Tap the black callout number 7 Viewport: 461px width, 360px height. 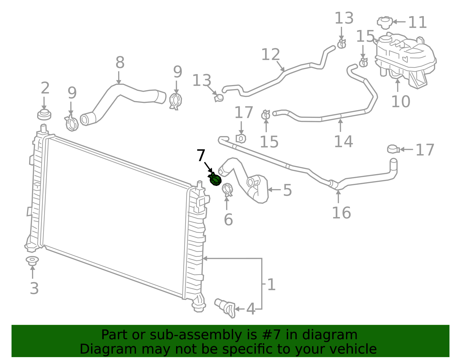[x=201, y=155]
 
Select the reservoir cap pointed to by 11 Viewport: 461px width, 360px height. [x=385, y=22]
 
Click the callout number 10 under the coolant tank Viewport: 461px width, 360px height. [x=400, y=102]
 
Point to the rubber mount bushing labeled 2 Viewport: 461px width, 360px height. [x=44, y=115]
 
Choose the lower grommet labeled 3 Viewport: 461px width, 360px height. [x=32, y=261]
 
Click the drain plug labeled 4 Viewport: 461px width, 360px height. [x=225, y=308]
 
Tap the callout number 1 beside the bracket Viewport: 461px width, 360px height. [x=271, y=285]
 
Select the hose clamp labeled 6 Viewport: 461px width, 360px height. [x=227, y=189]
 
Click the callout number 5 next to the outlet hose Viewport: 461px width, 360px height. [x=288, y=190]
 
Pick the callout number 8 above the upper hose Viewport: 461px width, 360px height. [x=120, y=62]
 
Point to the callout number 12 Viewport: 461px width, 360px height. [x=271, y=54]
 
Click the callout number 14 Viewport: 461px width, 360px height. [x=343, y=142]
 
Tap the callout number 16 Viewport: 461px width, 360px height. [x=341, y=213]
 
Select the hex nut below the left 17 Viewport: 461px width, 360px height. [x=241, y=139]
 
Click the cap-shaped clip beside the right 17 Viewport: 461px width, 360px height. [x=393, y=149]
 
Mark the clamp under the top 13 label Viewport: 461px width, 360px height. [x=341, y=44]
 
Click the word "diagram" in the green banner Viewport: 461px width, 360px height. [x=330, y=335]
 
